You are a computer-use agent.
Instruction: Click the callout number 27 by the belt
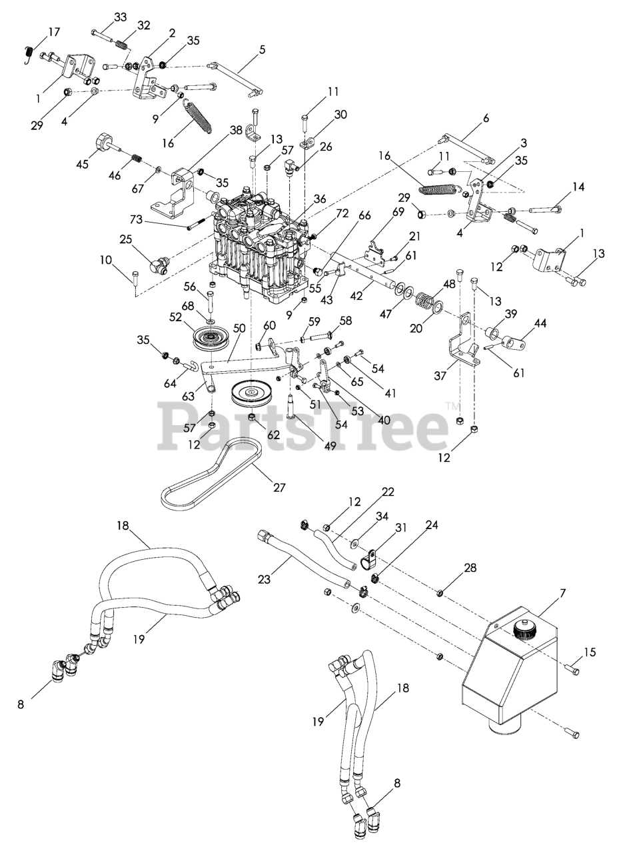[x=279, y=487]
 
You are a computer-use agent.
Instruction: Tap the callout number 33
[x=120, y=17]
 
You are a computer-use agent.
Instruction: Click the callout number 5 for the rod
[x=262, y=49]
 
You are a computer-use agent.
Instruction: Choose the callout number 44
[x=540, y=323]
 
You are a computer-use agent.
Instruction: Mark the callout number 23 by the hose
[x=265, y=580]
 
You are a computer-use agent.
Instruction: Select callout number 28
[x=470, y=567]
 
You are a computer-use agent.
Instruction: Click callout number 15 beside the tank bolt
[x=590, y=652]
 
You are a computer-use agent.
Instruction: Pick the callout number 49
[x=330, y=446]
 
